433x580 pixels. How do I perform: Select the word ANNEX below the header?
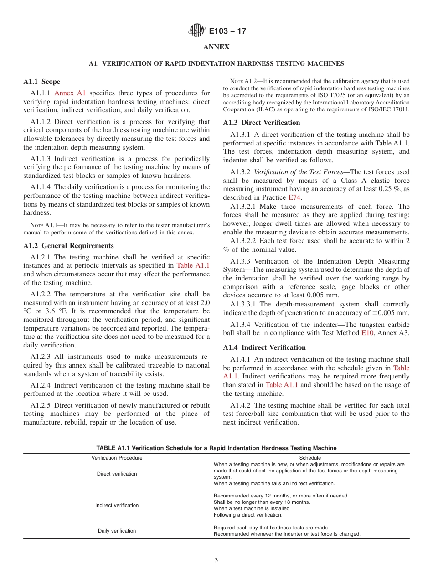[216, 47]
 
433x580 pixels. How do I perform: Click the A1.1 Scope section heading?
[41, 82]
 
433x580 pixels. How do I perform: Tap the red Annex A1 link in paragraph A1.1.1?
[70, 93]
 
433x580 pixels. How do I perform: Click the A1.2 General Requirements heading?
[68, 246]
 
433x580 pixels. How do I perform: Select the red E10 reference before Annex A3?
[367, 333]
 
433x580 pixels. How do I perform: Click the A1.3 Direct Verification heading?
[261, 123]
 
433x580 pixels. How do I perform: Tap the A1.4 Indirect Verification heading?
[264, 347]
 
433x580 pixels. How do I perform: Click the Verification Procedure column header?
[117, 458]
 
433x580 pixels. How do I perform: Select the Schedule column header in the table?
[310, 458]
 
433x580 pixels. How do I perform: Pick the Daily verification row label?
[117, 531]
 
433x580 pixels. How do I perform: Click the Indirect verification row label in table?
[117, 505]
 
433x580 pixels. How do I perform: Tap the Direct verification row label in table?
[117, 474]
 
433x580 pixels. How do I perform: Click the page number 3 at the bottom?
[216, 560]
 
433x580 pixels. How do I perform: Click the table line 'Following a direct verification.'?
[248, 515]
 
